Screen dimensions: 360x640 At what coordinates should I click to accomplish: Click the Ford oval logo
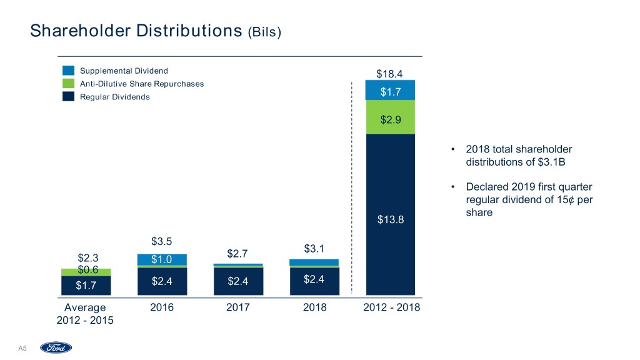56,347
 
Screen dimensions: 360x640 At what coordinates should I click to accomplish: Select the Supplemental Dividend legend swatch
69,71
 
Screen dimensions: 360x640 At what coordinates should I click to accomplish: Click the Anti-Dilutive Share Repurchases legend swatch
69,84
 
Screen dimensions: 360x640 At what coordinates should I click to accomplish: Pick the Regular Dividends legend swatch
69,97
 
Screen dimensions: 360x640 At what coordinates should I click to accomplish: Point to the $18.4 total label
389,74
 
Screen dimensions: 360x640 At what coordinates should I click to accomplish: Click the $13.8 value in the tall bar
391,219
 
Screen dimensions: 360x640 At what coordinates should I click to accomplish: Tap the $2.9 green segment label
391,119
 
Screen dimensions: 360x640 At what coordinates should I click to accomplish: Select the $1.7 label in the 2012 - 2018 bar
391,92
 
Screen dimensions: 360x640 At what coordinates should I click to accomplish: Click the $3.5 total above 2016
161,241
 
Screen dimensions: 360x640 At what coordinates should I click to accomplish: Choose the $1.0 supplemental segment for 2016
161,259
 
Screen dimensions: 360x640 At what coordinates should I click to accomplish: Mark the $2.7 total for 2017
237,253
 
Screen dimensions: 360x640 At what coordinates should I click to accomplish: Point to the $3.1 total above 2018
314,249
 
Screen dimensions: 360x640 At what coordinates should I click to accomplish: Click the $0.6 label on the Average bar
88,270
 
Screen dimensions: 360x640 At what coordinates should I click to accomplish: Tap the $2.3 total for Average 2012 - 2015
88,257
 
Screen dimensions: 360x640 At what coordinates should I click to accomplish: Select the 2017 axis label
237,307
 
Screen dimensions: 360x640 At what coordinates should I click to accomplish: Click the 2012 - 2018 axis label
391,307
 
